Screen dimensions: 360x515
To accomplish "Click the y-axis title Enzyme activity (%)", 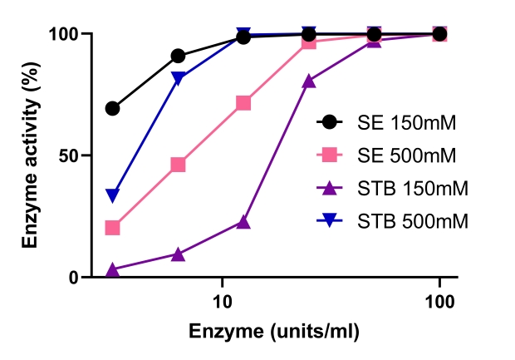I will [31, 155].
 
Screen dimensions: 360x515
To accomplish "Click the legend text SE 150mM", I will [410, 122].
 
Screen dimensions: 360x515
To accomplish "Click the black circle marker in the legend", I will [330, 122].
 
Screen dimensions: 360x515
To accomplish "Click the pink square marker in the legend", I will [330, 155].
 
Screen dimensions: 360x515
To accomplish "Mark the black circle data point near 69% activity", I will [113, 109].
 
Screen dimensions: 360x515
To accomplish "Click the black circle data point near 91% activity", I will [178, 56].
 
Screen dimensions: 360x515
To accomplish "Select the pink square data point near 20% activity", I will [113, 228].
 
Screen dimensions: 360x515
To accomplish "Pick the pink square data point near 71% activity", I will [243, 103].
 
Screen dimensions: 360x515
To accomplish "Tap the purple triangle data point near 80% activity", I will [309, 81].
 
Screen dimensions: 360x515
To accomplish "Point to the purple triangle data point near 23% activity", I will [243, 222].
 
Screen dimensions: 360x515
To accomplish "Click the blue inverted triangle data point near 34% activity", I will [113, 195].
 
